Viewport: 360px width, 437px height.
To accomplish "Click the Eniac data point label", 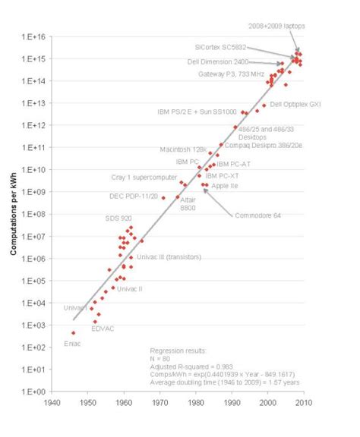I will [x=71, y=344].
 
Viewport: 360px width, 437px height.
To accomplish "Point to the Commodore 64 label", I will [x=257, y=215].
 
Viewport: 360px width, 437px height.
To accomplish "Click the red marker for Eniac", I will [x=73, y=332].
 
